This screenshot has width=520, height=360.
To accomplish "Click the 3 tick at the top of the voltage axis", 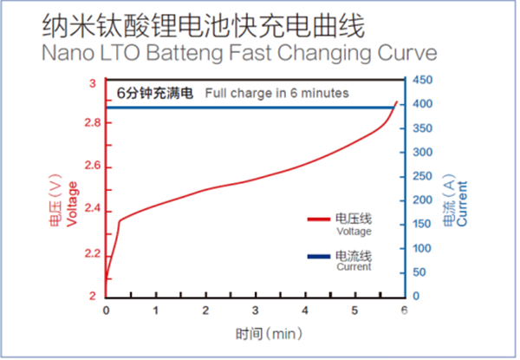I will pos(93,83).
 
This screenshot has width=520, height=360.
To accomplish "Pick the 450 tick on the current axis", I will pos(422,80).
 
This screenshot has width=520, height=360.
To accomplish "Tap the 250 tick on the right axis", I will pos(422,176).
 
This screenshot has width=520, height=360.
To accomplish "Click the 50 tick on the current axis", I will pos(419,272).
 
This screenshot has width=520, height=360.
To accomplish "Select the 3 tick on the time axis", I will pos(256,310).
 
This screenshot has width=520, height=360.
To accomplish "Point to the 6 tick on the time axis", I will pos(405,310).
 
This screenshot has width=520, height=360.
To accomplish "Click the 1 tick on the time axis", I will pos(156,310).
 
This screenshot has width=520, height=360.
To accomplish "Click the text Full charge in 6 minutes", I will pos(276,93).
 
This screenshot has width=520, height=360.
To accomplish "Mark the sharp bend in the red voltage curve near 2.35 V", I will pos(119,220).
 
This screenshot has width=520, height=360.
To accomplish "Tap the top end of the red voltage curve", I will pos(397,102).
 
